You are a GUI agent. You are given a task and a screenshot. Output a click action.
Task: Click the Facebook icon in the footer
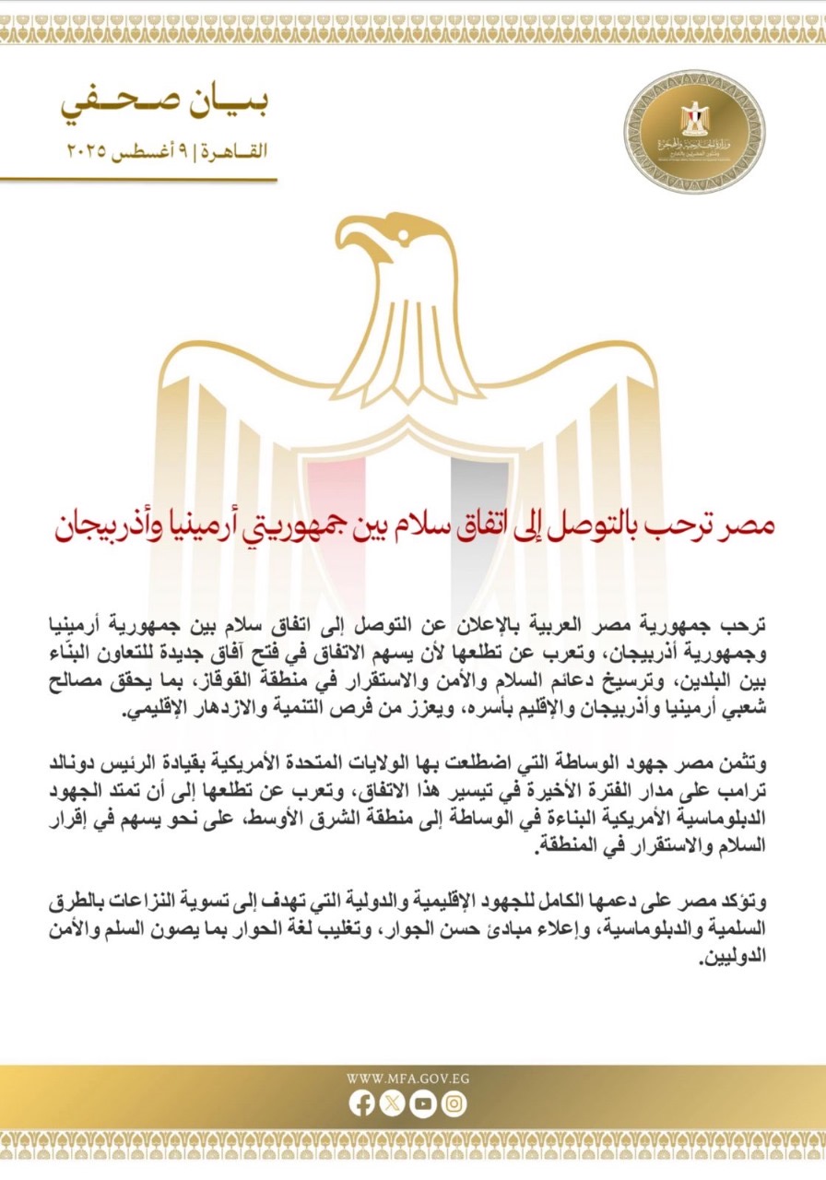[x=362, y=1103]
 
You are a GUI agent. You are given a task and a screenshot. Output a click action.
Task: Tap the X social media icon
[x=393, y=1103]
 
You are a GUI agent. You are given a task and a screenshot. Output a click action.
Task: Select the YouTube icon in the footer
[x=423, y=1103]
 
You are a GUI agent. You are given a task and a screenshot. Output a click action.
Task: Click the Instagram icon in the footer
[x=454, y=1103]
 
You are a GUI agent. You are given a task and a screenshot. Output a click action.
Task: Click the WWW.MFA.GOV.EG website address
[x=407, y=1078]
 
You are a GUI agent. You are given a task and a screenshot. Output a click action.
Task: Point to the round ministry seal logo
[x=693, y=132]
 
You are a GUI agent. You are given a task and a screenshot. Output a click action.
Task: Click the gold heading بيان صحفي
[x=165, y=107]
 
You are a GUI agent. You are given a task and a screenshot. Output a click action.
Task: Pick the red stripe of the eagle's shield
[x=336, y=498]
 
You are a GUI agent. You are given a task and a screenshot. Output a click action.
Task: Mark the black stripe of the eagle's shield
[x=479, y=498]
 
